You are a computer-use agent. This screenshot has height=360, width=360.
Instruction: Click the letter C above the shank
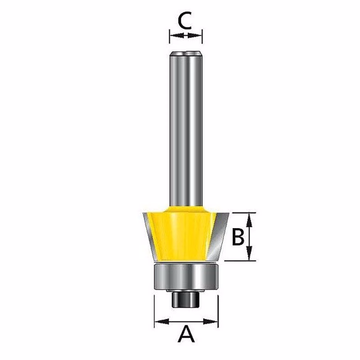(x=185, y=21)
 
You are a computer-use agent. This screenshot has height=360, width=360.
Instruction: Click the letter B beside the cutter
(x=238, y=237)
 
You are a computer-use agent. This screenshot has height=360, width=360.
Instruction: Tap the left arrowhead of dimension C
(x=177, y=36)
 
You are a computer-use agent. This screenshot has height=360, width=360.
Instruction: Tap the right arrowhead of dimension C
(x=195, y=36)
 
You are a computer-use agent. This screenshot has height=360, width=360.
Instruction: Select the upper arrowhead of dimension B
(x=250, y=220)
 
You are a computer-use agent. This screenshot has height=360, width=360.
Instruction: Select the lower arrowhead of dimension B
(x=250, y=253)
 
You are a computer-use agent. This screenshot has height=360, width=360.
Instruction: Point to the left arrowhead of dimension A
(x=162, y=321)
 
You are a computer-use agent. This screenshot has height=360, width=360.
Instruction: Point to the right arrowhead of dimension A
(x=210, y=321)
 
